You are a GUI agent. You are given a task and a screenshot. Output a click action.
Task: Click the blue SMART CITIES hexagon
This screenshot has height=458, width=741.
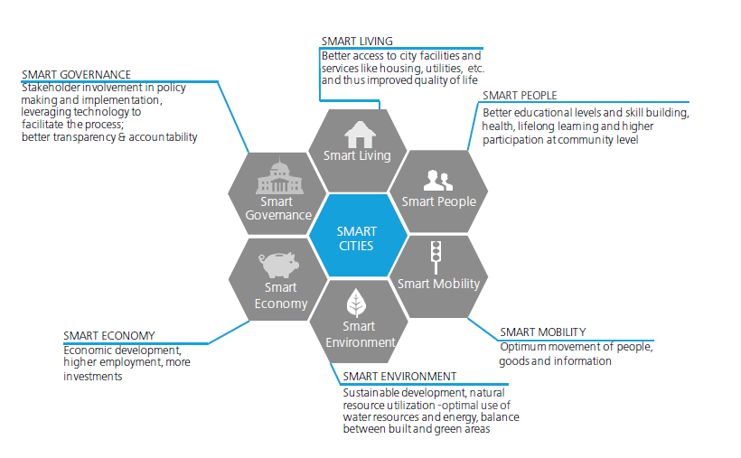coord(358,236)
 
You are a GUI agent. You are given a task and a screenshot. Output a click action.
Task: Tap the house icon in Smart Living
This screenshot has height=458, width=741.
coord(360,135)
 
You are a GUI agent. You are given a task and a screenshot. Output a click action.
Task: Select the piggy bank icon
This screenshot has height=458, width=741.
coord(278,264)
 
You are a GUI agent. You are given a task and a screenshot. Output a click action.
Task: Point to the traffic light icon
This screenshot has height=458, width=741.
coord(436,257)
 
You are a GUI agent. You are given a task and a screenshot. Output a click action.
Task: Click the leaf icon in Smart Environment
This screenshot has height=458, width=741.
coord(356,303)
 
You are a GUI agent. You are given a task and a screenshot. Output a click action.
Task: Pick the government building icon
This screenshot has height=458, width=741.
coord(280,176)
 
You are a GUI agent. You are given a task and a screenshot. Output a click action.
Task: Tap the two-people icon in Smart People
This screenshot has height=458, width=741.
coord(438,180)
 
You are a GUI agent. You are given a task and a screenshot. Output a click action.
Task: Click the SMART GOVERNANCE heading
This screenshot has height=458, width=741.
coord(76,75)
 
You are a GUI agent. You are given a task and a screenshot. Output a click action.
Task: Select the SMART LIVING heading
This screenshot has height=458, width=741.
coord(357,42)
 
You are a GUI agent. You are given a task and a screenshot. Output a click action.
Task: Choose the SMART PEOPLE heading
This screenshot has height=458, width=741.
coord(520,96)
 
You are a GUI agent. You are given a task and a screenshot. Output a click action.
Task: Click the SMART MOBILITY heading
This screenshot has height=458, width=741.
coord(543,332)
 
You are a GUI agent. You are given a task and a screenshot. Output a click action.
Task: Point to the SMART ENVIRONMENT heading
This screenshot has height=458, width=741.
coord(399,376)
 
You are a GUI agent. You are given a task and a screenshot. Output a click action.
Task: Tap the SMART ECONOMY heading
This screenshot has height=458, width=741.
coord(109,335)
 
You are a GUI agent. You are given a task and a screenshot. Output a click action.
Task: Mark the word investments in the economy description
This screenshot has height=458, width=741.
coord(92,377)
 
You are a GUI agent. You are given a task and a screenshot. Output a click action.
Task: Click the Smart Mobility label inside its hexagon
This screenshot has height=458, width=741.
coord(438,284)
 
